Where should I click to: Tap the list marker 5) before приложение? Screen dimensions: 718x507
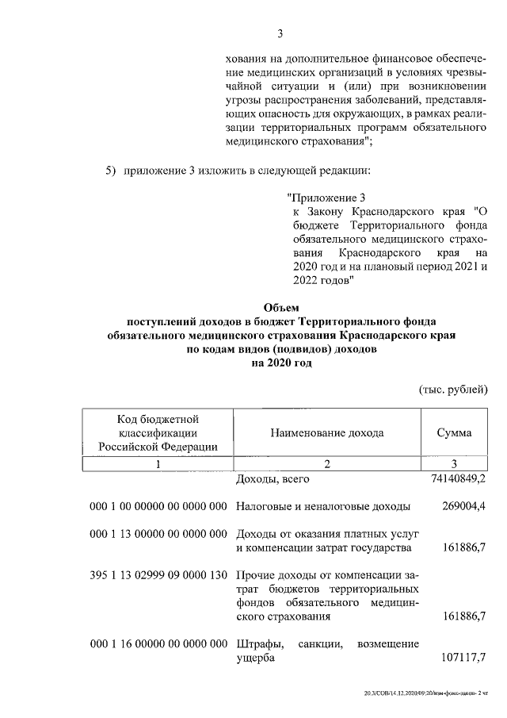(x=111, y=171)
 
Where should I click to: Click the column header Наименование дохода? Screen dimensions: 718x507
(x=326, y=432)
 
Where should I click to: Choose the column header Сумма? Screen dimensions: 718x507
(x=454, y=432)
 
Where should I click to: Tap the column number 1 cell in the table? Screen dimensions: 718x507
(x=157, y=464)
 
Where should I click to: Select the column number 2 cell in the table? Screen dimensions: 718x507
(x=326, y=464)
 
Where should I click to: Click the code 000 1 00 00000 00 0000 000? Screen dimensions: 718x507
(x=158, y=506)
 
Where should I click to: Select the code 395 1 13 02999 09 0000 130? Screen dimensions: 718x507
(x=158, y=574)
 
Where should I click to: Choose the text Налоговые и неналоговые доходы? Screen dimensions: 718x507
(x=323, y=506)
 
